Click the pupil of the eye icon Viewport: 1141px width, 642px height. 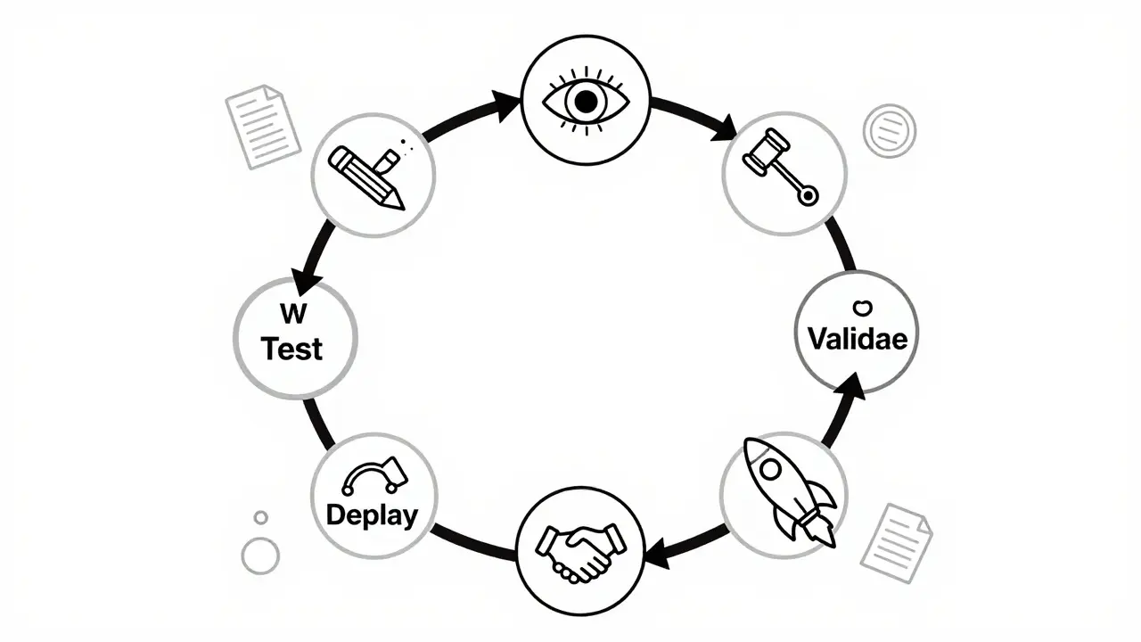[x=585, y=103]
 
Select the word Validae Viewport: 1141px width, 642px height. [x=857, y=339]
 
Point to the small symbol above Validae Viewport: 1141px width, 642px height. [x=861, y=308]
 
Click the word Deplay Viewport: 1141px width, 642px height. [x=372, y=514]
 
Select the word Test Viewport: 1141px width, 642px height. [x=292, y=349]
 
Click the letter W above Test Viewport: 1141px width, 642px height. [x=291, y=314]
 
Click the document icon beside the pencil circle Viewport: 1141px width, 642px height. [x=263, y=126]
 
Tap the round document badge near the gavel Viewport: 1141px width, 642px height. [x=889, y=131]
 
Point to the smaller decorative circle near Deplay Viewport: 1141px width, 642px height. [x=260, y=517]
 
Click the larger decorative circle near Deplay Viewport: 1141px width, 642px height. [x=260, y=556]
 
